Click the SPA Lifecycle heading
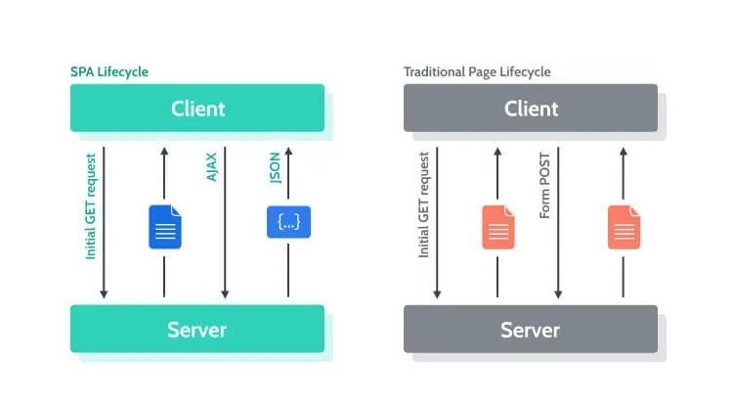(x=109, y=72)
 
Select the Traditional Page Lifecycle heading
(x=477, y=72)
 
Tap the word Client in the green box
(x=197, y=108)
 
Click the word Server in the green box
(x=197, y=329)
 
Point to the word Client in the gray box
(x=531, y=108)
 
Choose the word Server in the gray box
(x=531, y=329)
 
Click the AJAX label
(x=212, y=167)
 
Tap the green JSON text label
(x=275, y=167)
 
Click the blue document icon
(x=164, y=226)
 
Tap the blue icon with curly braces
(x=288, y=222)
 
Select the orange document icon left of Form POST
(x=497, y=226)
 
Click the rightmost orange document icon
(x=623, y=226)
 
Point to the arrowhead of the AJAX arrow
(x=226, y=293)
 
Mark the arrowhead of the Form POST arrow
(x=559, y=293)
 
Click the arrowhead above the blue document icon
(x=164, y=152)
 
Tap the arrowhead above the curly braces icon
(x=288, y=152)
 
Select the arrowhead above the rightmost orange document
(x=623, y=152)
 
